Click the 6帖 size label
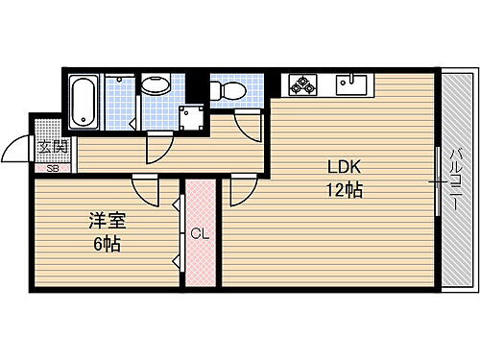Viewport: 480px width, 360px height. pos(108,244)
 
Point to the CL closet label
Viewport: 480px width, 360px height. pos(200,233)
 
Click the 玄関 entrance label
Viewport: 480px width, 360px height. pos(52,147)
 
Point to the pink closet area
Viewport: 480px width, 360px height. pos(201,259)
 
